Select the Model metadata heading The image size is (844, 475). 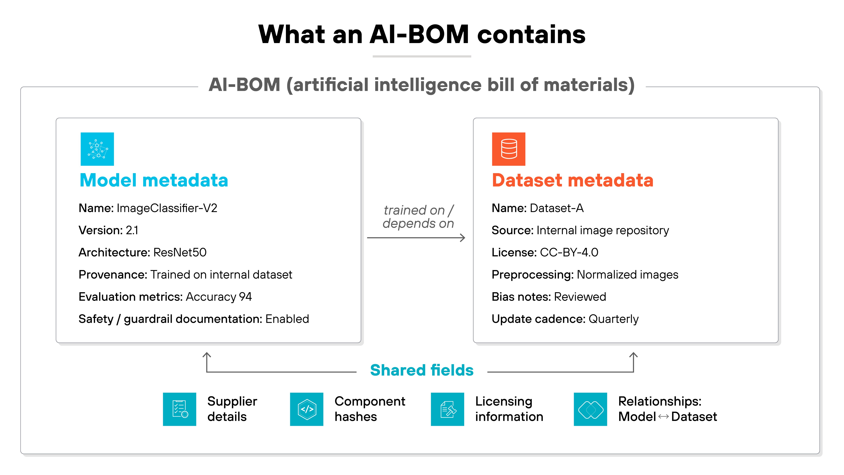pyautogui.click(x=154, y=180)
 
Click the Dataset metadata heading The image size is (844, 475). pyautogui.click(x=572, y=180)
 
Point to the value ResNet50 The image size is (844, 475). pyautogui.click(x=180, y=252)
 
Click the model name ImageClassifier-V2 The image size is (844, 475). pyautogui.click(x=167, y=208)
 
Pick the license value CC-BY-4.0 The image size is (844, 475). pyautogui.click(x=569, y=252)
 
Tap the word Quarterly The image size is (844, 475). pyautogui.click(x=613, y=319)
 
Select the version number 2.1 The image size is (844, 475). pyautogui.click(x=132, y=230)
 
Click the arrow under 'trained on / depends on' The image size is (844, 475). pyautogui.click(x=416, y=238)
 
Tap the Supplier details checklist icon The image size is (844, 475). pyautogui.click(x=180, y=409)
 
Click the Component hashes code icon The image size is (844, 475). pyautogui.click(x=307, y=409)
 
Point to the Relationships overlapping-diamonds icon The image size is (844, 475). pyautogui.click(x=590, y=409)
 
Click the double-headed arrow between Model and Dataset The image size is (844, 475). pyautogui.click(x=664, y=417)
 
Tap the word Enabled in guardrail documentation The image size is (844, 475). pyautogui.click(x=287, y=319)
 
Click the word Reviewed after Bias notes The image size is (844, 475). pyautogui.click(x=580, y=297)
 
